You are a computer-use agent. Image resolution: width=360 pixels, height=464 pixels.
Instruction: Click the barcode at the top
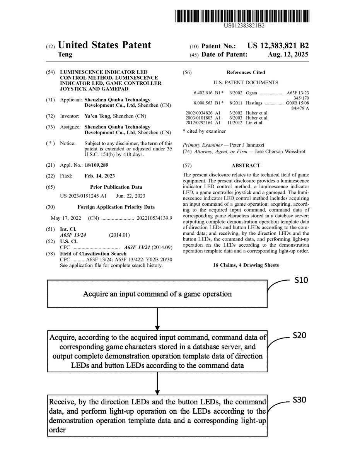[242, 16]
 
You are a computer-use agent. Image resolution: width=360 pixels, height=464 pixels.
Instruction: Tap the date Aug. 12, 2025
[288, 55]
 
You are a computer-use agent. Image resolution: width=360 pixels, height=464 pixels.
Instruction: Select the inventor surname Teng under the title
[65, 55]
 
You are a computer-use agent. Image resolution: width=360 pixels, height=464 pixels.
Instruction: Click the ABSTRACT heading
[246, 165]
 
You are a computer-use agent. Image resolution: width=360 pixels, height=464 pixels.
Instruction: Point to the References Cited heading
[246, 72]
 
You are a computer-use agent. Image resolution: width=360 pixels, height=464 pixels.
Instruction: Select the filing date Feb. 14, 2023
[100, 176]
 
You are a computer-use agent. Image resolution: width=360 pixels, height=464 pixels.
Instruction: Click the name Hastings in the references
[254, 103]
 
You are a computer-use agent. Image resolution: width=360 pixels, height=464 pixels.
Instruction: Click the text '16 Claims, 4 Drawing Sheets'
[246, 265]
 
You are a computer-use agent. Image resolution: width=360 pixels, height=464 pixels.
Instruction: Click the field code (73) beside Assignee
[50, 127]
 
